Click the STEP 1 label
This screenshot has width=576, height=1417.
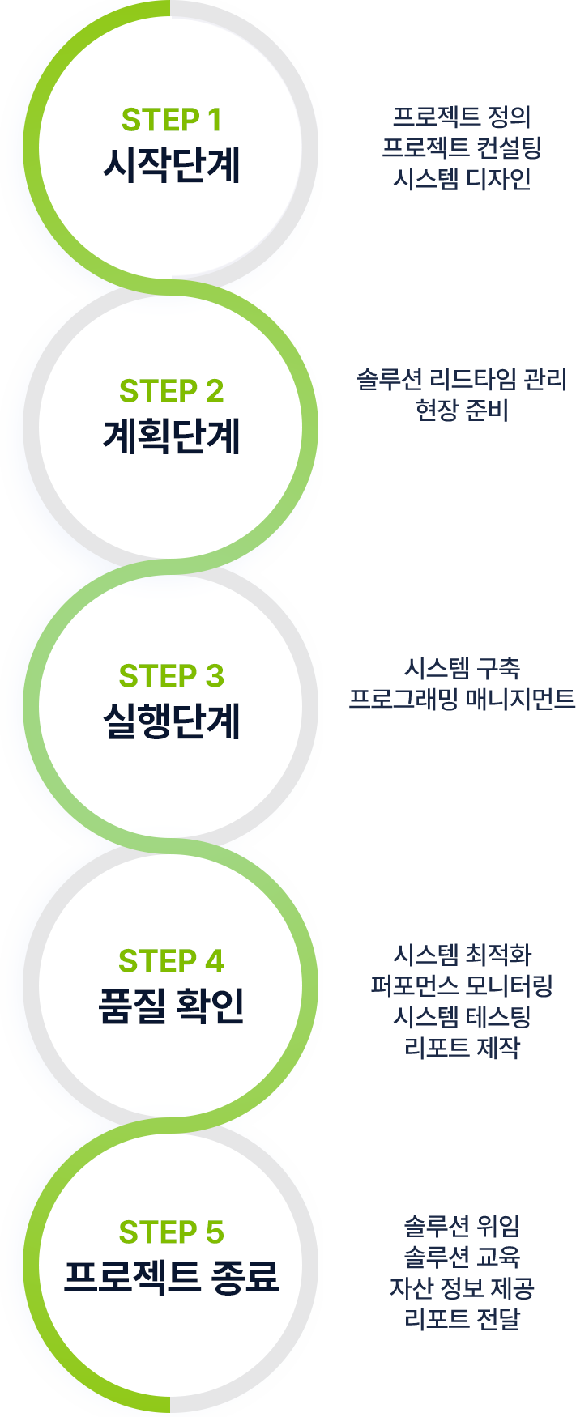(x=171, y=120)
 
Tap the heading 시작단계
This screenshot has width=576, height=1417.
(x=171, y=164)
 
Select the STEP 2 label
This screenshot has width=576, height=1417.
(x=171, y=391)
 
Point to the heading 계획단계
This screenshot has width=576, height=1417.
(x=171, y=436)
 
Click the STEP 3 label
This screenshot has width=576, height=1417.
(x=171, y=676)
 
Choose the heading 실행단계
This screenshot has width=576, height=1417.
(x=171, y=721)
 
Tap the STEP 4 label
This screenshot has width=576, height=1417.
(x=171, y=961)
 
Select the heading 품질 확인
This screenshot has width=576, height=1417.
(x=171, y=1006)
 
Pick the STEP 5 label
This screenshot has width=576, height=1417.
(x=171, y=1232)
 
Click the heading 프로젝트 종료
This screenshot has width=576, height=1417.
(x=171, y=1277)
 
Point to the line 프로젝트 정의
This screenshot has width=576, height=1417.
(x=462, y=117)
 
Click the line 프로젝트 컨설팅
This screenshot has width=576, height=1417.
(x=462, y=147)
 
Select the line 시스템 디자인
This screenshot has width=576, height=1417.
(x=462, y=178)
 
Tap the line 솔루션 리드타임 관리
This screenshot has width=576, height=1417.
(x=462, y=379)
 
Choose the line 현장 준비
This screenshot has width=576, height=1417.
(x=462, y=410)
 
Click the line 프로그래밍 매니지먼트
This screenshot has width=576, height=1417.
(x=462, y=698)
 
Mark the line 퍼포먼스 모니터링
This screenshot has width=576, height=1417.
(x=462, y=985)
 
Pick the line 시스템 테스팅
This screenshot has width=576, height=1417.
(x=462, y=1016)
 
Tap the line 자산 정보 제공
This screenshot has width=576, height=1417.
(x=462, y=1287)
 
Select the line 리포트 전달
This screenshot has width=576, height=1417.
(x=462, y=1318)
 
